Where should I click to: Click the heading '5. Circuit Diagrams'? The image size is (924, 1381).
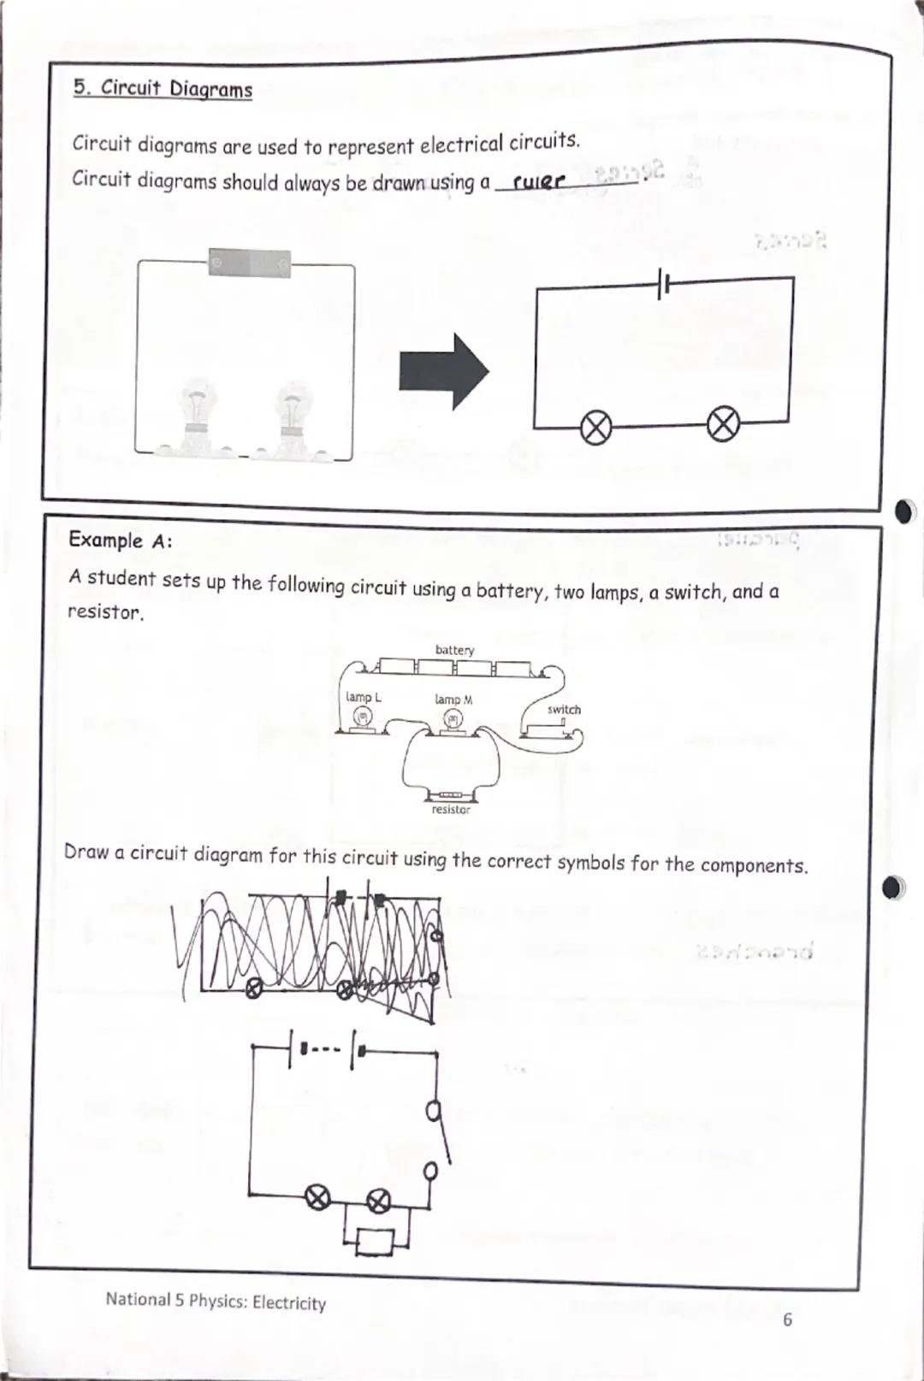point(163,89)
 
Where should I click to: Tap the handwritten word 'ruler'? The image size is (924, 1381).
point(539,181)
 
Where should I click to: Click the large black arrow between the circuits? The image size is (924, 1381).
point(443,372)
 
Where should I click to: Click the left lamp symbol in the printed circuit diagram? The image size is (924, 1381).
point(596,427)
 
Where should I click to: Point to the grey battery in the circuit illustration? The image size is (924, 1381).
point(250,263)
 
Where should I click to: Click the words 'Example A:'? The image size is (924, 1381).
point(121,540)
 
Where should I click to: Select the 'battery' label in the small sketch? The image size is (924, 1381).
point(454,650)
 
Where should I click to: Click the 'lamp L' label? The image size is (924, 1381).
point(364,697)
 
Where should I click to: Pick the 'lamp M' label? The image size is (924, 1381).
point(453,699)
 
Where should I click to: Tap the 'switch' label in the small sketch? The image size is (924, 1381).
point(564,710)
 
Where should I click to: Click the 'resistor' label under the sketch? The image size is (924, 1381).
point(451,809)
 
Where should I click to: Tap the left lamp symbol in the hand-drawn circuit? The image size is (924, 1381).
point(317,1199)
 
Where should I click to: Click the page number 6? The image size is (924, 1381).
point(787,1319)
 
